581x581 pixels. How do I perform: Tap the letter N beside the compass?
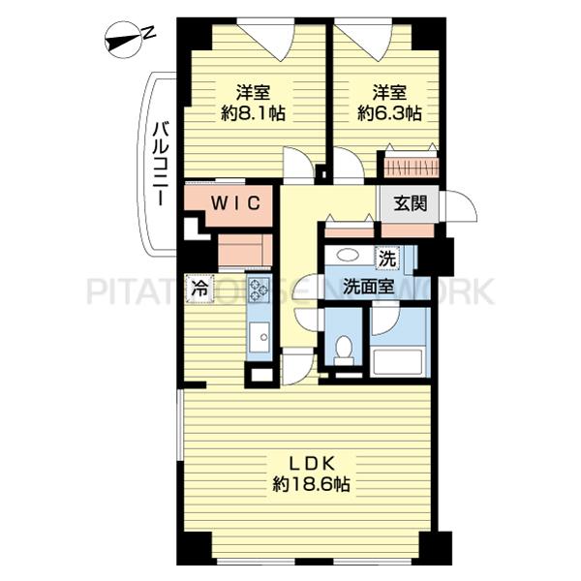[148, 33]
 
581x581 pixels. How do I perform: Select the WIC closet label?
[235, 203]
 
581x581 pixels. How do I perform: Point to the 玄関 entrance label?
[411, 203]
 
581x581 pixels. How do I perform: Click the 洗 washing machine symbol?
[387, 258]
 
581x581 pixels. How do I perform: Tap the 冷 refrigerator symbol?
[199, 289]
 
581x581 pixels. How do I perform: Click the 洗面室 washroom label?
[368, 287]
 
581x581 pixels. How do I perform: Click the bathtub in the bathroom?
[398, 361]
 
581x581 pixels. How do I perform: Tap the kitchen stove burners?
[259, 290]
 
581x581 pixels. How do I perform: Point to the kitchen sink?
[260, 337]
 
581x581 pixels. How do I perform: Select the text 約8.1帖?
[254, 113]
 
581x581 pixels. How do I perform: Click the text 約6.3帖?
[389, 113]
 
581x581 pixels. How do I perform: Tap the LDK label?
[312, 463]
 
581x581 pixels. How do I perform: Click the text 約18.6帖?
[312, 484]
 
